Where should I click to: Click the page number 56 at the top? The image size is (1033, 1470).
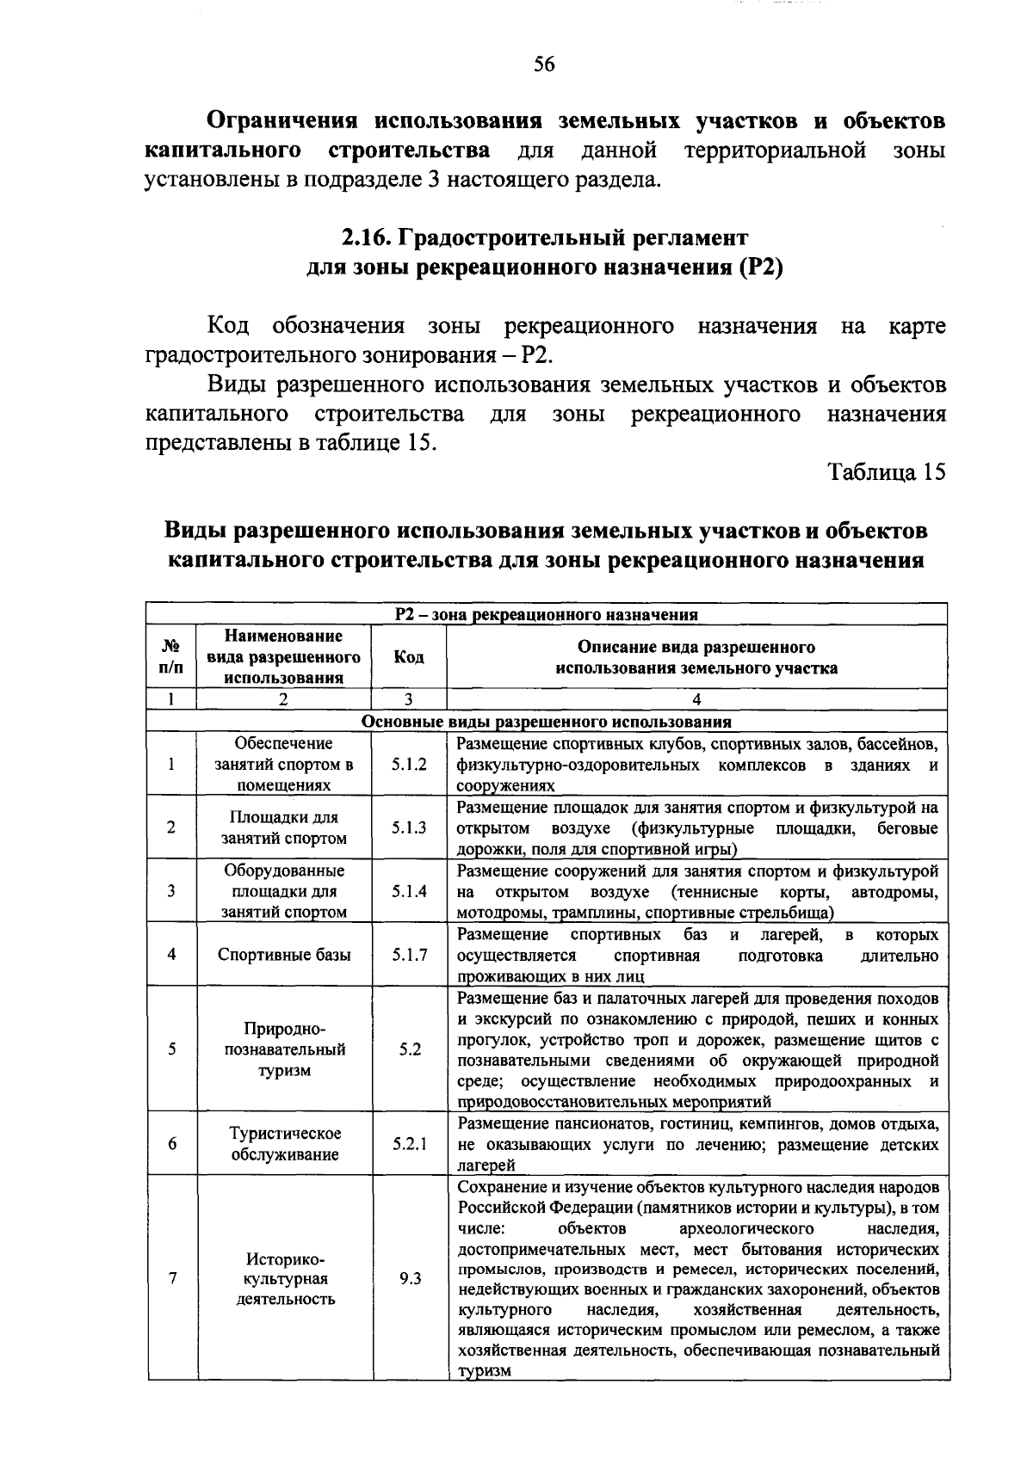(544, 65)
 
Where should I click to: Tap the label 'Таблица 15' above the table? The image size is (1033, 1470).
(887, 472)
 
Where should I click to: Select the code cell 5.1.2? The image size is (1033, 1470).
(409, 764)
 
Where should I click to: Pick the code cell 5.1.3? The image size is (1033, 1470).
(409, 827)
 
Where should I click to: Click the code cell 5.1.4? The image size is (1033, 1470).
(409, 891)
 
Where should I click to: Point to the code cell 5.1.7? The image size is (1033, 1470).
(409, 955)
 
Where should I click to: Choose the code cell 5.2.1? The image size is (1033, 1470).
(409, 1144)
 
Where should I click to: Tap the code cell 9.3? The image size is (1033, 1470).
(410, 1278)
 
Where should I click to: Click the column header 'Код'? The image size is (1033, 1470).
(409, 657)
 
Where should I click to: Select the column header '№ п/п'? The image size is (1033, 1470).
(171, 657)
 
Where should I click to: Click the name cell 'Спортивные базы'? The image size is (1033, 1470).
(284, 955)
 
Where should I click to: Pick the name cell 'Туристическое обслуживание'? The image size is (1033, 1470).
(285, 1144)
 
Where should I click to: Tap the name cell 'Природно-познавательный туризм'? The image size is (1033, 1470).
(285, 1049)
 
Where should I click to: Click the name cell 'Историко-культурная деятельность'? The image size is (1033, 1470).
(285, 1278)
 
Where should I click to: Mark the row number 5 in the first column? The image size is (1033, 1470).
(172, 1049)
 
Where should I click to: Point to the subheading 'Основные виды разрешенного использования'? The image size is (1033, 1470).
(547, 722)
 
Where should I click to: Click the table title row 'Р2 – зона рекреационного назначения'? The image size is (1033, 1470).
(547, 614)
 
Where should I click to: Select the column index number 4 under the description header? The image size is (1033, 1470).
(696, 699)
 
